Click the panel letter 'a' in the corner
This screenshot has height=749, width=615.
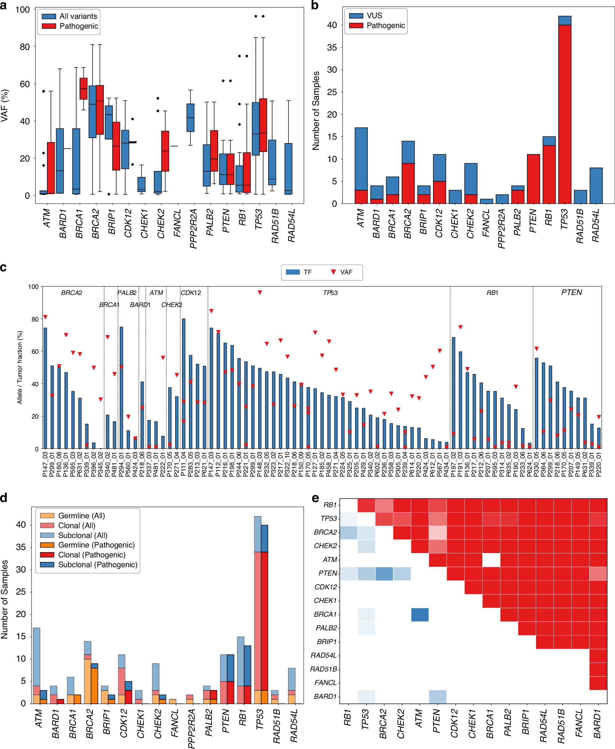pos(4,6)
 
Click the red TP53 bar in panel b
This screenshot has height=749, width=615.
pos(565,114)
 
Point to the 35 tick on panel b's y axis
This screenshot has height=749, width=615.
pos(332,47)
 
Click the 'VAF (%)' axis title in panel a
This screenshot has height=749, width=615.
pos(5,106)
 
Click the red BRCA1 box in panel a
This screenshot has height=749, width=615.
pos(83,88)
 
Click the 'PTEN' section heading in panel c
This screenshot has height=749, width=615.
pos(571,292)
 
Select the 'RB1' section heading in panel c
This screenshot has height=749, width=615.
pos(492,293)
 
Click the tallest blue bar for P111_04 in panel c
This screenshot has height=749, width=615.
pos(183,383)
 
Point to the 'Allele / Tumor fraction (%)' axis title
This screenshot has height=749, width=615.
pos(20,367)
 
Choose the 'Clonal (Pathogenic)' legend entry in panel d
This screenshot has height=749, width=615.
pos(92,555)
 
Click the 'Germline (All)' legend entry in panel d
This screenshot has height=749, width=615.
pos(81,516)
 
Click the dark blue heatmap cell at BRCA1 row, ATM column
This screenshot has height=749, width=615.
pos(420,615)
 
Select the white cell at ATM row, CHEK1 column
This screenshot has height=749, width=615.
pos(491,560)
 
